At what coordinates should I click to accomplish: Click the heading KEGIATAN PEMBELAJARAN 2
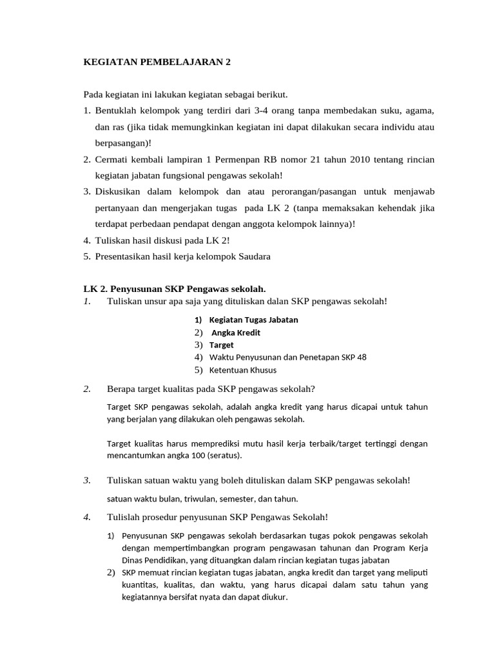coord(157,63)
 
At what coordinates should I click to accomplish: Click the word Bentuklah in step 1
coord(114,110)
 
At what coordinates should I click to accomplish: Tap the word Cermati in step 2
coord(111,159)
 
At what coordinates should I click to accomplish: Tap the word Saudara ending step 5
coord(254,256)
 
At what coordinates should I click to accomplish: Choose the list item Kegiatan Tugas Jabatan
coord(253,320)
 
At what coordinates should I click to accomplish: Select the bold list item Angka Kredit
coord(236,333)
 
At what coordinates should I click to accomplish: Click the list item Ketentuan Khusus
coord(242,370)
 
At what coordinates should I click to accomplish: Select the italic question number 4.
coord(87,517)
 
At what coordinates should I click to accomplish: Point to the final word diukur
coord(273,597)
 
